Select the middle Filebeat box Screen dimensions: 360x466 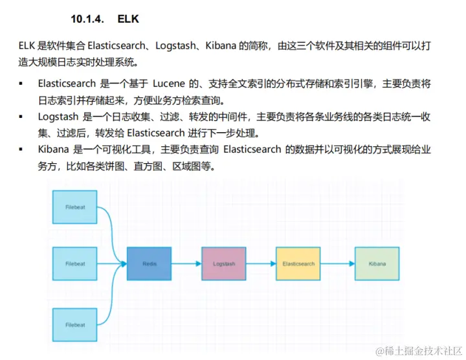tap(75, 264)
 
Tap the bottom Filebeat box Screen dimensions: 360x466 tap(75, 324)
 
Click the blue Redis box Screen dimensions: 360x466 tap(150, 264)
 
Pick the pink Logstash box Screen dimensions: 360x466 tap(223, 264)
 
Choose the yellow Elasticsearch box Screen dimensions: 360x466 tap(298, 264)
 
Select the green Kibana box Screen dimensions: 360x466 tap(377, 264)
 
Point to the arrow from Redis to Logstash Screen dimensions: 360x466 tap(186, 264)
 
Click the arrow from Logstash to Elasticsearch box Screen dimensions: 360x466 tap(261, 264)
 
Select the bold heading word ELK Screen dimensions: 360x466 tap(128, 19)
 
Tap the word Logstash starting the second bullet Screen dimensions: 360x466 tap(58, 117)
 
